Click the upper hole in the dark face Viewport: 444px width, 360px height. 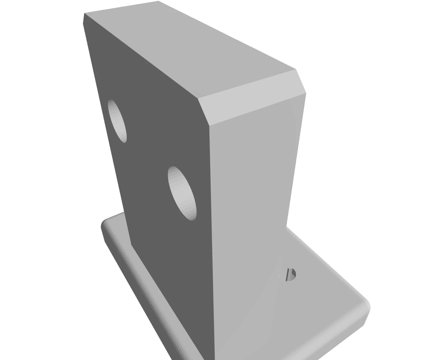[118, 121]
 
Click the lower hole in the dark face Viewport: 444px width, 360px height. [182, 193]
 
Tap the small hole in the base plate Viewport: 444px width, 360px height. [291, 275]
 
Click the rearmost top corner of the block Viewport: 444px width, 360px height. [158, 1]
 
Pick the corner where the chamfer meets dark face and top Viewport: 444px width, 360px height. [198, 98]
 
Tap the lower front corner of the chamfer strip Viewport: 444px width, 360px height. [209, 126]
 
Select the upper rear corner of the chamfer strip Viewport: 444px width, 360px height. [296, 69]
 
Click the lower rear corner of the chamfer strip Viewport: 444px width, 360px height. [306, 93]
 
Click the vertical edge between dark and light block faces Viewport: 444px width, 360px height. [212, 235]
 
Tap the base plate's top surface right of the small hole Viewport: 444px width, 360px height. [326, 290]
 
